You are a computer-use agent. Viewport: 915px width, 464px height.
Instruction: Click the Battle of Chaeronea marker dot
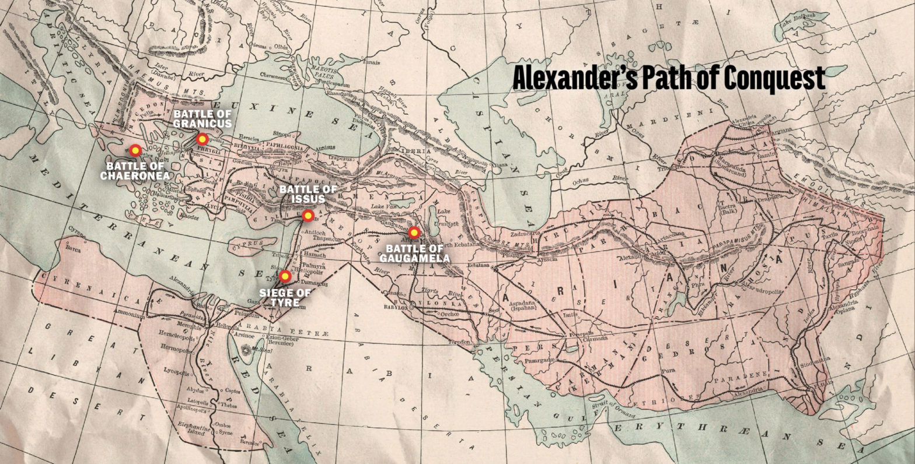point(135,150)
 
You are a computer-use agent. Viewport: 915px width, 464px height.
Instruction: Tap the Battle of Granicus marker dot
point(202,139)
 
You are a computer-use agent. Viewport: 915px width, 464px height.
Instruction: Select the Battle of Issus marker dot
point(308,216)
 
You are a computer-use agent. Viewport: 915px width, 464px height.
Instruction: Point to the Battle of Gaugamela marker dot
point(414,233)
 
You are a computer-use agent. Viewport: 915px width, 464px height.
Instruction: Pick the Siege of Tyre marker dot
point(285,276)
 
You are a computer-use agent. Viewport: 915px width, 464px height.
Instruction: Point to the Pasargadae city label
point(529,361)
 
